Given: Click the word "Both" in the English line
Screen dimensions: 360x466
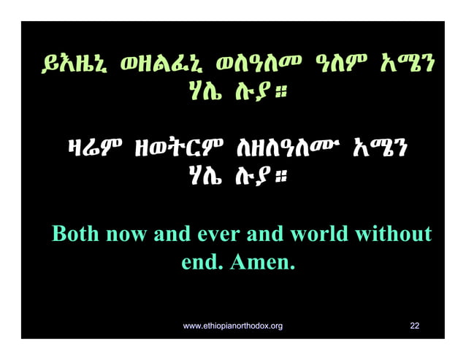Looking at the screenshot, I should [x=77, y=235].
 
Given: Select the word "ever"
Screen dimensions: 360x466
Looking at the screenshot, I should [x=218, y=235].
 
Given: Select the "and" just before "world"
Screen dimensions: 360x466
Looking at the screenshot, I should [x=264, y=235].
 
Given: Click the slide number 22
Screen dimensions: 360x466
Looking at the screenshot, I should [x=415, y=325].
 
